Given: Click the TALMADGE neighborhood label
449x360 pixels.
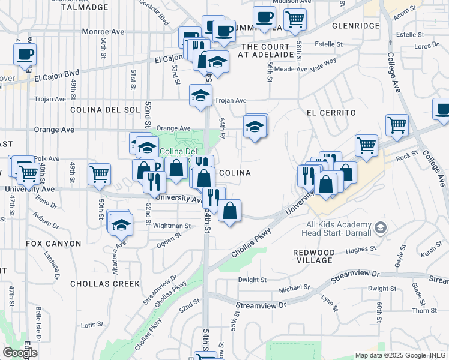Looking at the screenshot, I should [85, 7].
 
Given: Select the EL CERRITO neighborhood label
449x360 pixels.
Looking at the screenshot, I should [331, 113].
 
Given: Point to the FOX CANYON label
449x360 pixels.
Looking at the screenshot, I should [53, 244].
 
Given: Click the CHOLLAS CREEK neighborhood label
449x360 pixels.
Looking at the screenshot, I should [105, 283].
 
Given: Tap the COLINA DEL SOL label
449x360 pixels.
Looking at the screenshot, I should [104, 110].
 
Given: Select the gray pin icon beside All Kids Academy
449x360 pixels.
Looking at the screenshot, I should [380, 228].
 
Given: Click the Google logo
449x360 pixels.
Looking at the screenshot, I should [20, 353].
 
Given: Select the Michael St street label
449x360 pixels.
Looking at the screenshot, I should [294, 289].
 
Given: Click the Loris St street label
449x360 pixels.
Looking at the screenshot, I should [92, 325].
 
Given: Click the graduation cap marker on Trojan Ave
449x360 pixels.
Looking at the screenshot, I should [200, 95].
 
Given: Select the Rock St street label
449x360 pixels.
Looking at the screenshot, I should [406, 155].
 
